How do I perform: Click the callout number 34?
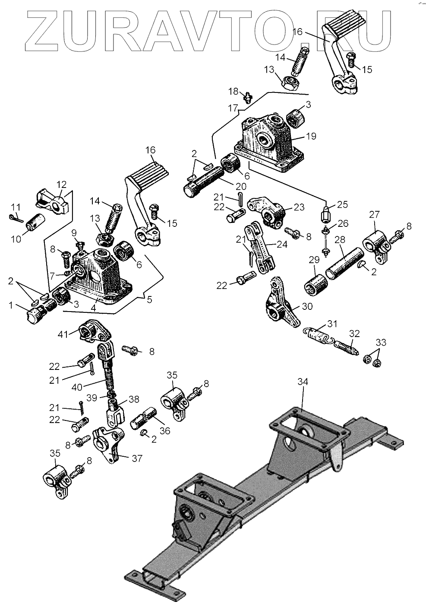point(303,382)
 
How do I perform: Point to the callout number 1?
point(11,305)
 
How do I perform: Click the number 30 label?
point(307,306)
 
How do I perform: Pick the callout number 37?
point(137,458)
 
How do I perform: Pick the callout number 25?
point(343,204)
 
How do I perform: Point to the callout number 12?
point(62,185)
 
